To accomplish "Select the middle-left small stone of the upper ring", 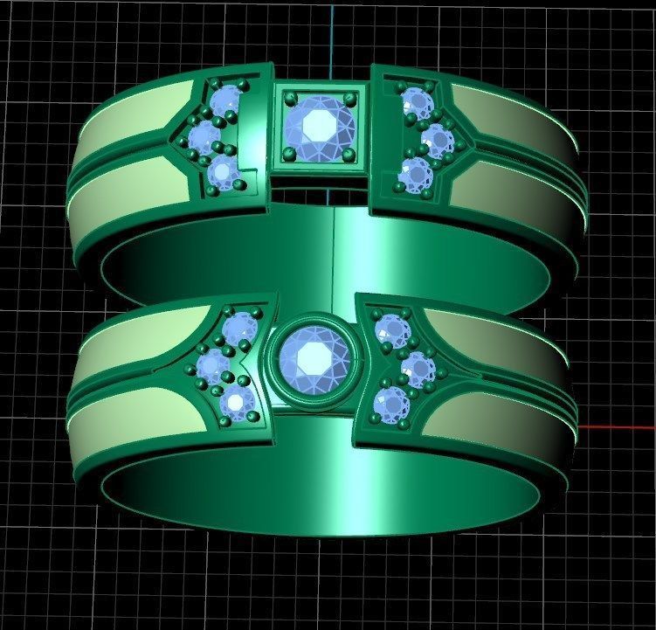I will [204, 135].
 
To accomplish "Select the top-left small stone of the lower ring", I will [237, 328].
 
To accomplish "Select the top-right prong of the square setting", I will [349, 96].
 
